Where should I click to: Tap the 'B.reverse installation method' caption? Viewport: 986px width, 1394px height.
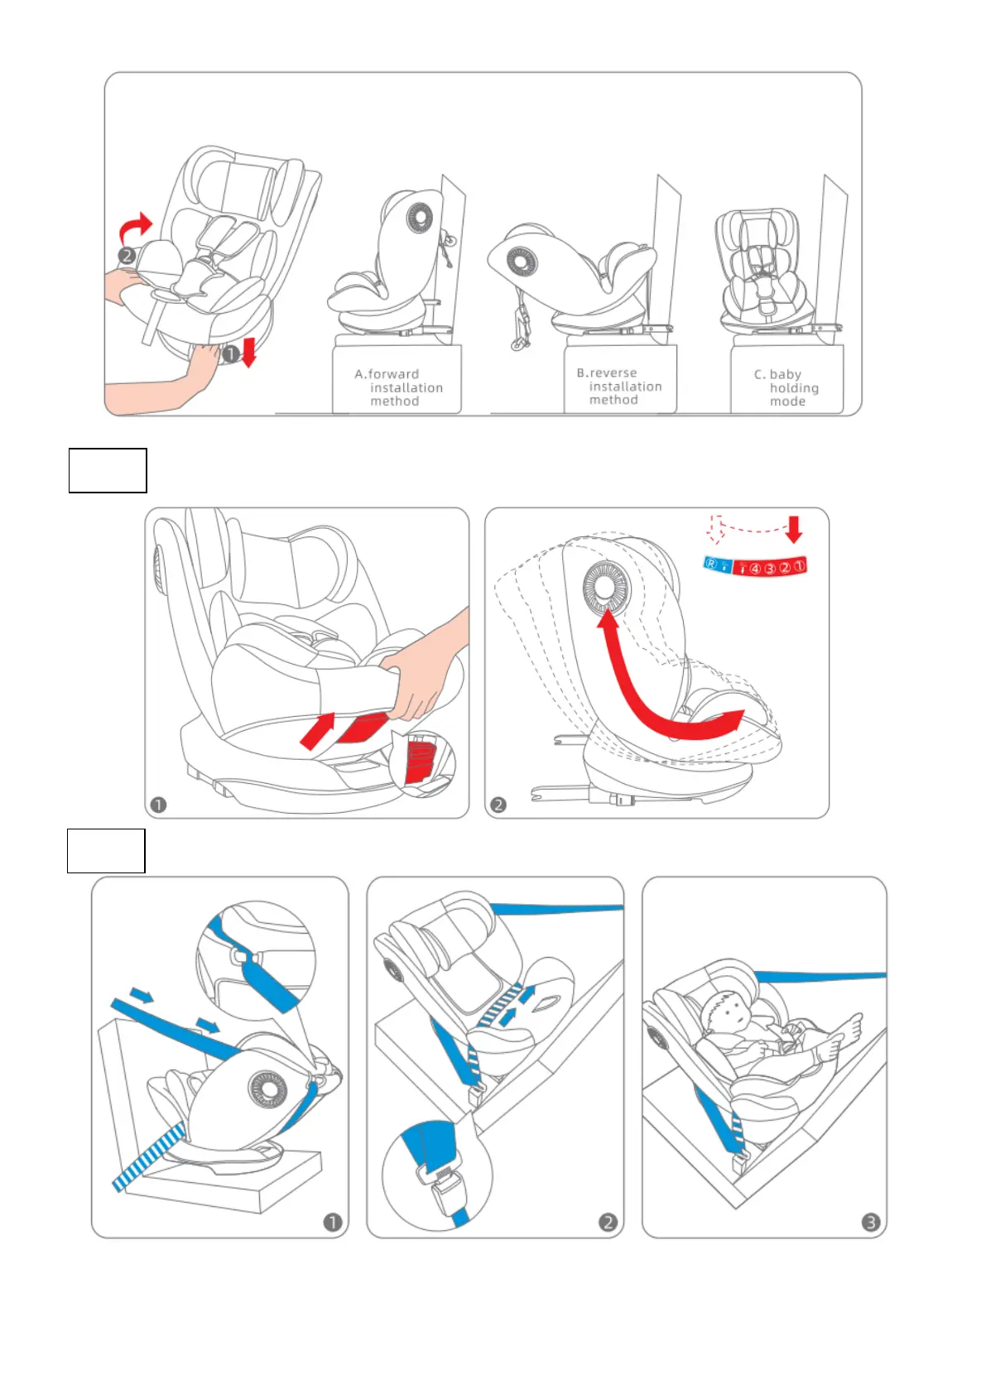point(618,387)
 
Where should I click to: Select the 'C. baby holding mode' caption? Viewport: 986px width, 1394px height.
point(786,387)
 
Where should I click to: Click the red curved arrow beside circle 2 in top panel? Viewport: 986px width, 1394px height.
point(137,226)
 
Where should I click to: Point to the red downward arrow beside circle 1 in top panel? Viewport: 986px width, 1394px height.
point(248,352)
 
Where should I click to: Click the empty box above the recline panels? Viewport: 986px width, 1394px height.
point(108,470)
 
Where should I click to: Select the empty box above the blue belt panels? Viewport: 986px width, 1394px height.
point(106,850)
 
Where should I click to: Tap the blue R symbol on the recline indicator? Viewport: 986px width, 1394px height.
point(711,564)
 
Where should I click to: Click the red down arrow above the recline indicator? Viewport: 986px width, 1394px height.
point(794,528)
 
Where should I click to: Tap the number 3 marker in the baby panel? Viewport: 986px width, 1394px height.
point(870,1222)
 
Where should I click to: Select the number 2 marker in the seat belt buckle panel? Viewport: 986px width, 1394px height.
point(608,1222)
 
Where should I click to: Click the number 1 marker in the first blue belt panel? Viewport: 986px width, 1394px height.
point(332,1222)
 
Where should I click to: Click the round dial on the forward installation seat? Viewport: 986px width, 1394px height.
point(420,219)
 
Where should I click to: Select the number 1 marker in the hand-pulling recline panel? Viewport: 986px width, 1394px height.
point(159,805)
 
